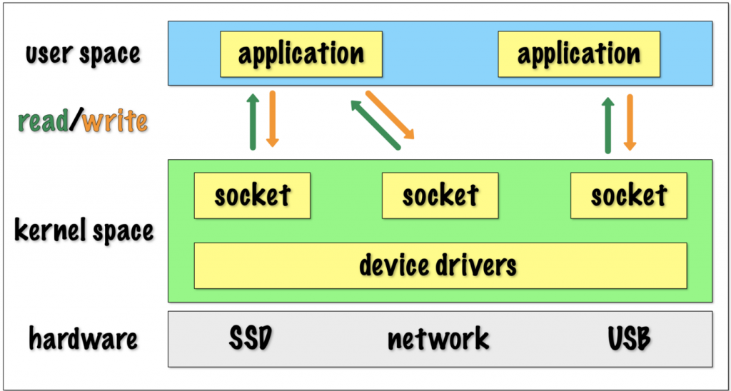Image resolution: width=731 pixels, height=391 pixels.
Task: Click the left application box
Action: (x=301, y=54)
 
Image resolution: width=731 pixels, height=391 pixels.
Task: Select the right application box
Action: (x=579, y=54)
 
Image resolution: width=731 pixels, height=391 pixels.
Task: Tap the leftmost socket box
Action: (x=252, y=195)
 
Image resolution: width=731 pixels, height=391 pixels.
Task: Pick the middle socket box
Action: (x=440, y=195)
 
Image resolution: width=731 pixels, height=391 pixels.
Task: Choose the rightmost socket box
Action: (x=628, y=195)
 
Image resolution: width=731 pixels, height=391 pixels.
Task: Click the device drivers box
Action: (x=440, y=265)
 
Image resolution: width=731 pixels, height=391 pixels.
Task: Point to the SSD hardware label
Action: (x=251, y=339)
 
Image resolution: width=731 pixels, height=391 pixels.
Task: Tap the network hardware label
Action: (x=439, y=339)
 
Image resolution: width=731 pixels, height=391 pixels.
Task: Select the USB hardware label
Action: (x=629, y=339)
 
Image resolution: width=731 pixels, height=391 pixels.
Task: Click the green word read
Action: (x=44, y=122)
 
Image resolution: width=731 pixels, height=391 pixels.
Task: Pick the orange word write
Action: (x=115, y=122)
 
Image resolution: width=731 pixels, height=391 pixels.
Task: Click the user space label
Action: (x=83, y=54)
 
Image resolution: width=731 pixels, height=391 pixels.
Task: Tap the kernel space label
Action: (x=84, y=231)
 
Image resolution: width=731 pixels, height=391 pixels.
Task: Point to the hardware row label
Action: (x=84, y=339)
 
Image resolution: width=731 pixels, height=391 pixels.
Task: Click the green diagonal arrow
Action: (x=375, y=124)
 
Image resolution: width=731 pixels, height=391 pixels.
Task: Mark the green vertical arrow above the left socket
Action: (x=253, y=121)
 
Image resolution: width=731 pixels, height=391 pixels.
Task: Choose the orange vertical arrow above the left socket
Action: (x=272, y=119)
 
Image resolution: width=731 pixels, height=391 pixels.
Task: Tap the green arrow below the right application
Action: (x=608, y=125)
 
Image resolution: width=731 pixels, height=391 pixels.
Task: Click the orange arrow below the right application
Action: (x=630, y=122)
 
